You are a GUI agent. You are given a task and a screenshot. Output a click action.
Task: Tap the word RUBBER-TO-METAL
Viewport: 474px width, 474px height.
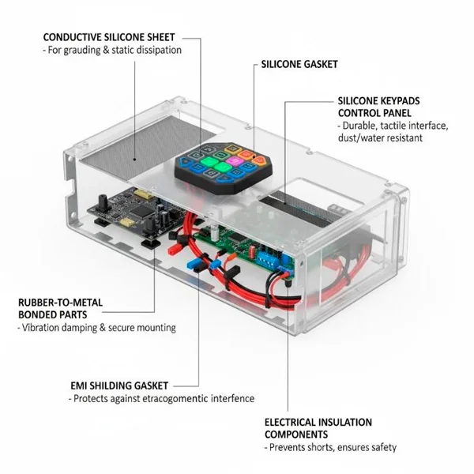60,302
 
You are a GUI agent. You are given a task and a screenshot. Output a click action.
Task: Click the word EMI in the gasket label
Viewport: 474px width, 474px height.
78,386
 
